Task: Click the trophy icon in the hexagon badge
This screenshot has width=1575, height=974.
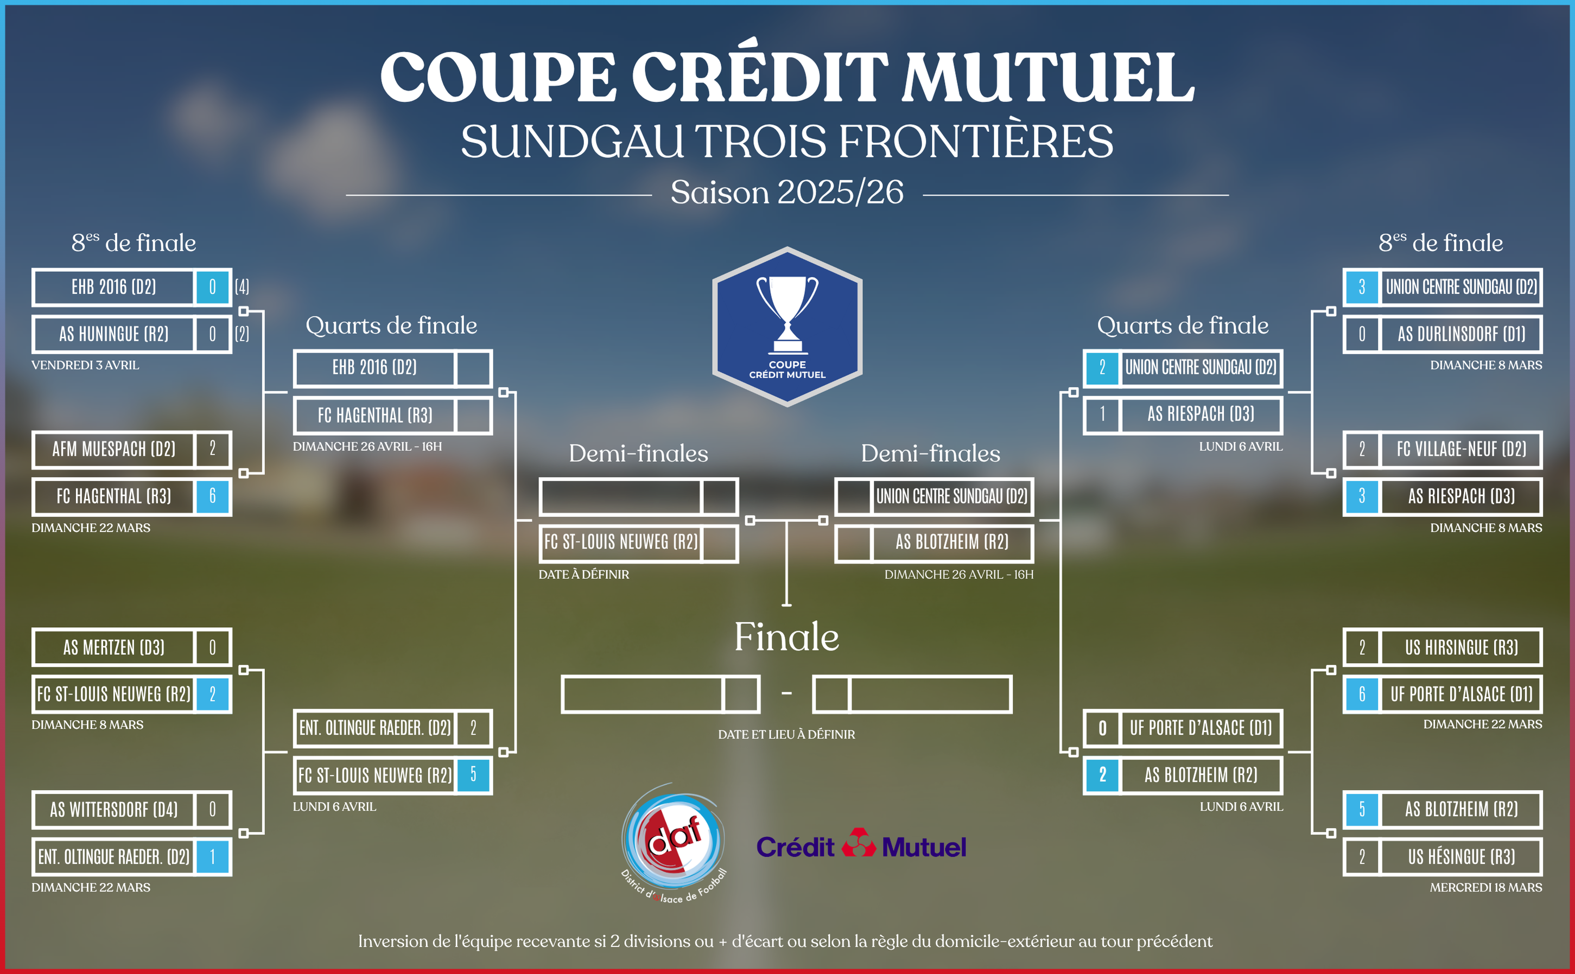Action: click(786, 314)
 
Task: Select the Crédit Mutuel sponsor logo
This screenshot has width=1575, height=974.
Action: click(861, 844)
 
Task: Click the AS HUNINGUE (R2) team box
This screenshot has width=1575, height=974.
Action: click(114, 334)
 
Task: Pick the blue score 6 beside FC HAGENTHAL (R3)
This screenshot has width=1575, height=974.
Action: click(213, 496)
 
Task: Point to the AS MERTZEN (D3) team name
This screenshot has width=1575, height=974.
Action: click(114, 647)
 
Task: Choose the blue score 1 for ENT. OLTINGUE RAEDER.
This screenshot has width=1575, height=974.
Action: click(213, 857)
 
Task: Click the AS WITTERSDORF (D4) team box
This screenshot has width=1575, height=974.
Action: click(114, 810)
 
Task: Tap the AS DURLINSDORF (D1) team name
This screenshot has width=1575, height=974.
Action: click(1461, 334)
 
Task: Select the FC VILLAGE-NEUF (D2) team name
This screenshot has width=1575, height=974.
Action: click(1461, 449)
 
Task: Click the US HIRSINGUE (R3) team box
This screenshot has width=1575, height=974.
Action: click(1461, 647)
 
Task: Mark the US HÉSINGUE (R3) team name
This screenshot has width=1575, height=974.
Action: click(1461, 857)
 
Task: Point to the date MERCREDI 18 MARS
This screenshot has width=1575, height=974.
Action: click(1485, 888)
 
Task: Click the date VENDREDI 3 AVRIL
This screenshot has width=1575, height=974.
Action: click(85, 365)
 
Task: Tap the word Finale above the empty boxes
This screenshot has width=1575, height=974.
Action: click(786, 637)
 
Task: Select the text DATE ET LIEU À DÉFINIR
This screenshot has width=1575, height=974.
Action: click(786, 734)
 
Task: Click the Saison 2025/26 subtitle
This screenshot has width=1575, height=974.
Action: click(786, 193)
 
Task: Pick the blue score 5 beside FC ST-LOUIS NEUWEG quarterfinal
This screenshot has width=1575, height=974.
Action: click(473, 775)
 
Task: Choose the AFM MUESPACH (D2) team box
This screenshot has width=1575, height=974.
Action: click(114, 449)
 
